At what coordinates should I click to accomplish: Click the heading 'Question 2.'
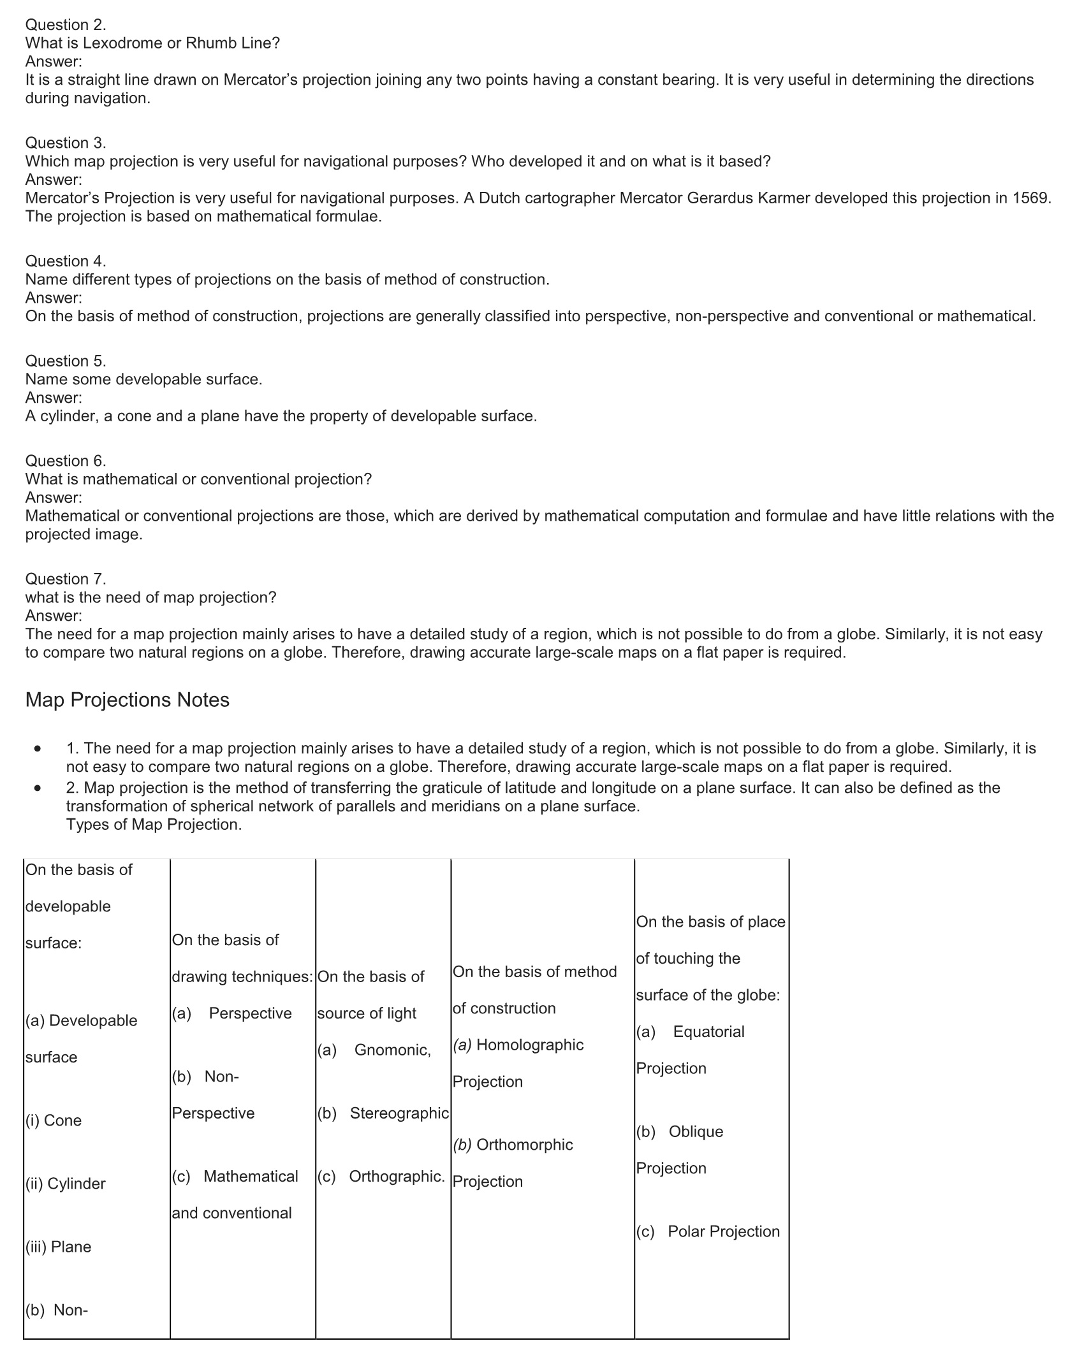point(66,25)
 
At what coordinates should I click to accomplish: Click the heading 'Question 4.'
point(66,261)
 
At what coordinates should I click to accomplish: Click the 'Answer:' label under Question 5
point(54,398)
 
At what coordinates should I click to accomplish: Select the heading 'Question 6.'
point(66,461)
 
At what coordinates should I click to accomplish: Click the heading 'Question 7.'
point(66,579)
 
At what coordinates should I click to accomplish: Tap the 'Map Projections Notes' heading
point(127,700)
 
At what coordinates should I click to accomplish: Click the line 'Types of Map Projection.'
point(154,824)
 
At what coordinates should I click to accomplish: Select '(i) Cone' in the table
point(54,1120)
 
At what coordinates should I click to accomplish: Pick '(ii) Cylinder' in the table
point(65,1184)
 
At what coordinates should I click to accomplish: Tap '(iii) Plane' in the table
point(58,1247)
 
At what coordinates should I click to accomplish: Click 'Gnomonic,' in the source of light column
point(392,1050)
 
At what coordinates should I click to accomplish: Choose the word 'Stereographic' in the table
point(399,1113)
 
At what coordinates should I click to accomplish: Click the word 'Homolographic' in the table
point(529,1045)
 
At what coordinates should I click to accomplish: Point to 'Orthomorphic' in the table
point(524,1145)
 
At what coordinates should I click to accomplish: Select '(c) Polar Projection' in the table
point(708,1231)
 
